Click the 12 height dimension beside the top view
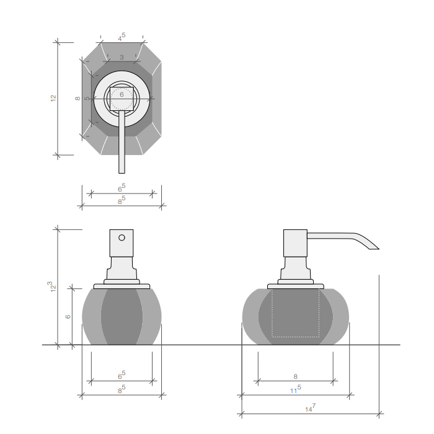53,98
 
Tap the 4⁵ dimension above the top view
122,37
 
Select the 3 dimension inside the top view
122,57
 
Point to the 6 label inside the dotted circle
122,95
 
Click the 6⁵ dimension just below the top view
122,188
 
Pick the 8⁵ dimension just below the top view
122,200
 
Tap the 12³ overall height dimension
51,286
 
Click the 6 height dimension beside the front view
68,317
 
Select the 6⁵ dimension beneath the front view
122,375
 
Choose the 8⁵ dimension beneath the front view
122,389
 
